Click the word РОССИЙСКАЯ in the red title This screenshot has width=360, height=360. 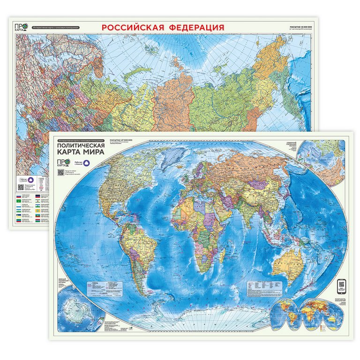132,28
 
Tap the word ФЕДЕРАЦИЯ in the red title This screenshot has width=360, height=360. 195,28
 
